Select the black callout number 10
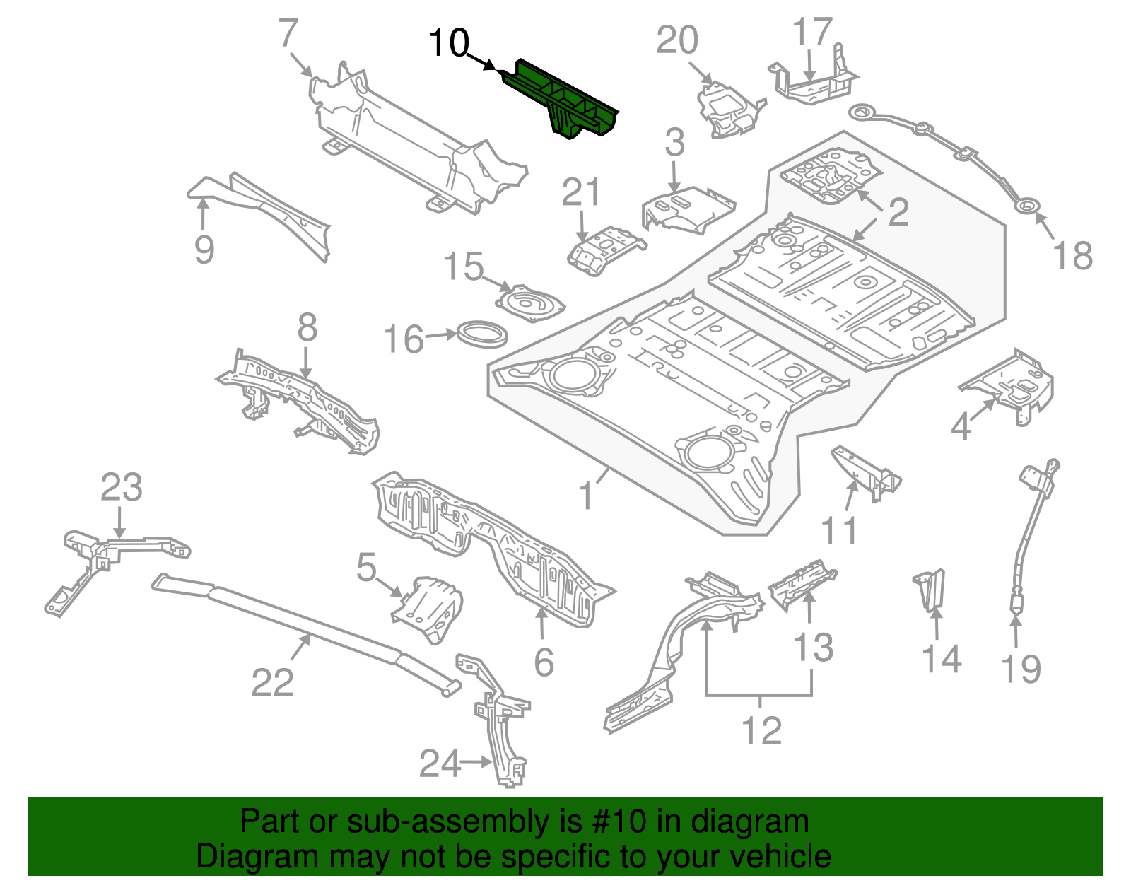tap(449, 44)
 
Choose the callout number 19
tap(1021, 668)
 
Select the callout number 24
tap(439, 764)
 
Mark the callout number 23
tap(121, 487)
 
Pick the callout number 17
tap(811, 32)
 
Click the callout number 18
tap(1072, 255)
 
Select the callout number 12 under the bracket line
tap(761, 730)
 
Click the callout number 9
tap(204, 249)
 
